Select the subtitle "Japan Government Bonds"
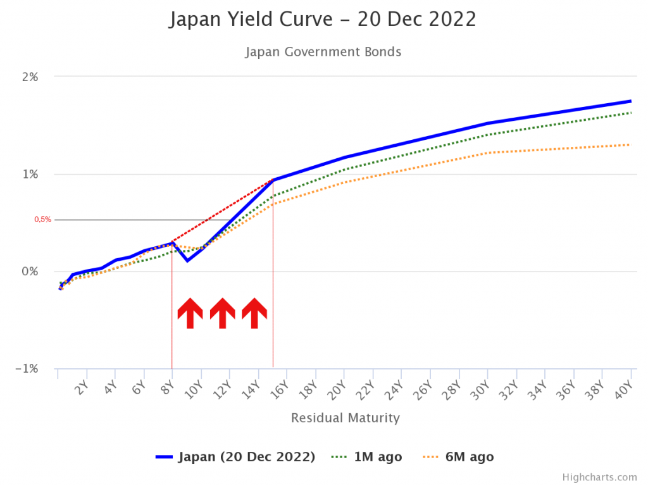tap(323, 52)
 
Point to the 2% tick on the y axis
tap(30, 77)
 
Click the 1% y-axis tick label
tap(30, 175)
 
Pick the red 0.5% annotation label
tap(43, 220)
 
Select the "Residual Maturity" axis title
tap(346, 418)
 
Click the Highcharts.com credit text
tap(599, 477)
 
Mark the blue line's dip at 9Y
tap(187, 260)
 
